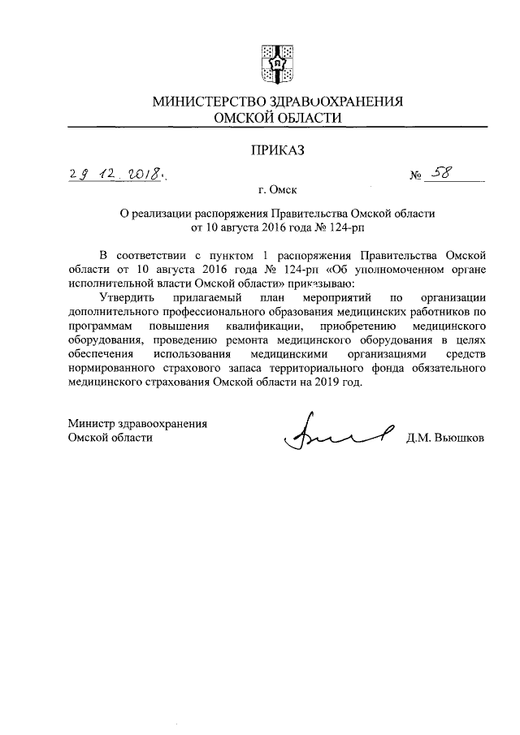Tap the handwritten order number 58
[x=445, y=172]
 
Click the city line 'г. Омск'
[x=277, y=192]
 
